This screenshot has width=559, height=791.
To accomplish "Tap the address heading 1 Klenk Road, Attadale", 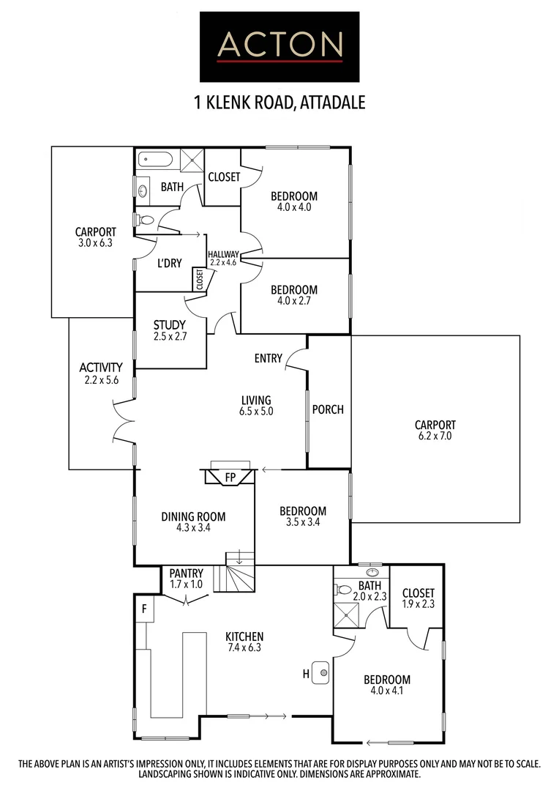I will pyautogui.click(x=279, y=101).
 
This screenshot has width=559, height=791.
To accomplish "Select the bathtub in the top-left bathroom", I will pyautogui.click(x=155, y=159).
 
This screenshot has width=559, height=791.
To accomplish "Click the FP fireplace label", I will pyautogui.click(x=230, y=478).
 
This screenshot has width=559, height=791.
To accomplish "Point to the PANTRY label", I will pyautogui.click(x=186, y=573).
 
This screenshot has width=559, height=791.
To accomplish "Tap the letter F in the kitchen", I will pyautogui.click(x=145, y=608).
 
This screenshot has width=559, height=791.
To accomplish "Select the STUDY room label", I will pyautogui.click(x=169, y=325).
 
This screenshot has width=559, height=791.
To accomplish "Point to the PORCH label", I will pyautogui.click(x=328, y=409).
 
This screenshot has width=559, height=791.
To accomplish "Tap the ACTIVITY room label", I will pyautogui.click(x=101, y=367).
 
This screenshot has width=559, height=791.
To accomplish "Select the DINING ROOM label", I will pyautogui.click(x=193, y=516).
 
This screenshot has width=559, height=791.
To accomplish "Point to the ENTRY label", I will pyautogui.click(x=269, y=358).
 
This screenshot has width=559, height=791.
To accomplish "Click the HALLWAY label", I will pyautogui.click(x=224, y=254).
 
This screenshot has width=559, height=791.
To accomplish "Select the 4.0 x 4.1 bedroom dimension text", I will pyautogui.click(x=386, y=691).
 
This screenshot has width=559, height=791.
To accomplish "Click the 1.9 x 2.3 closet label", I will pyautogui.click(x=418, y=604).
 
